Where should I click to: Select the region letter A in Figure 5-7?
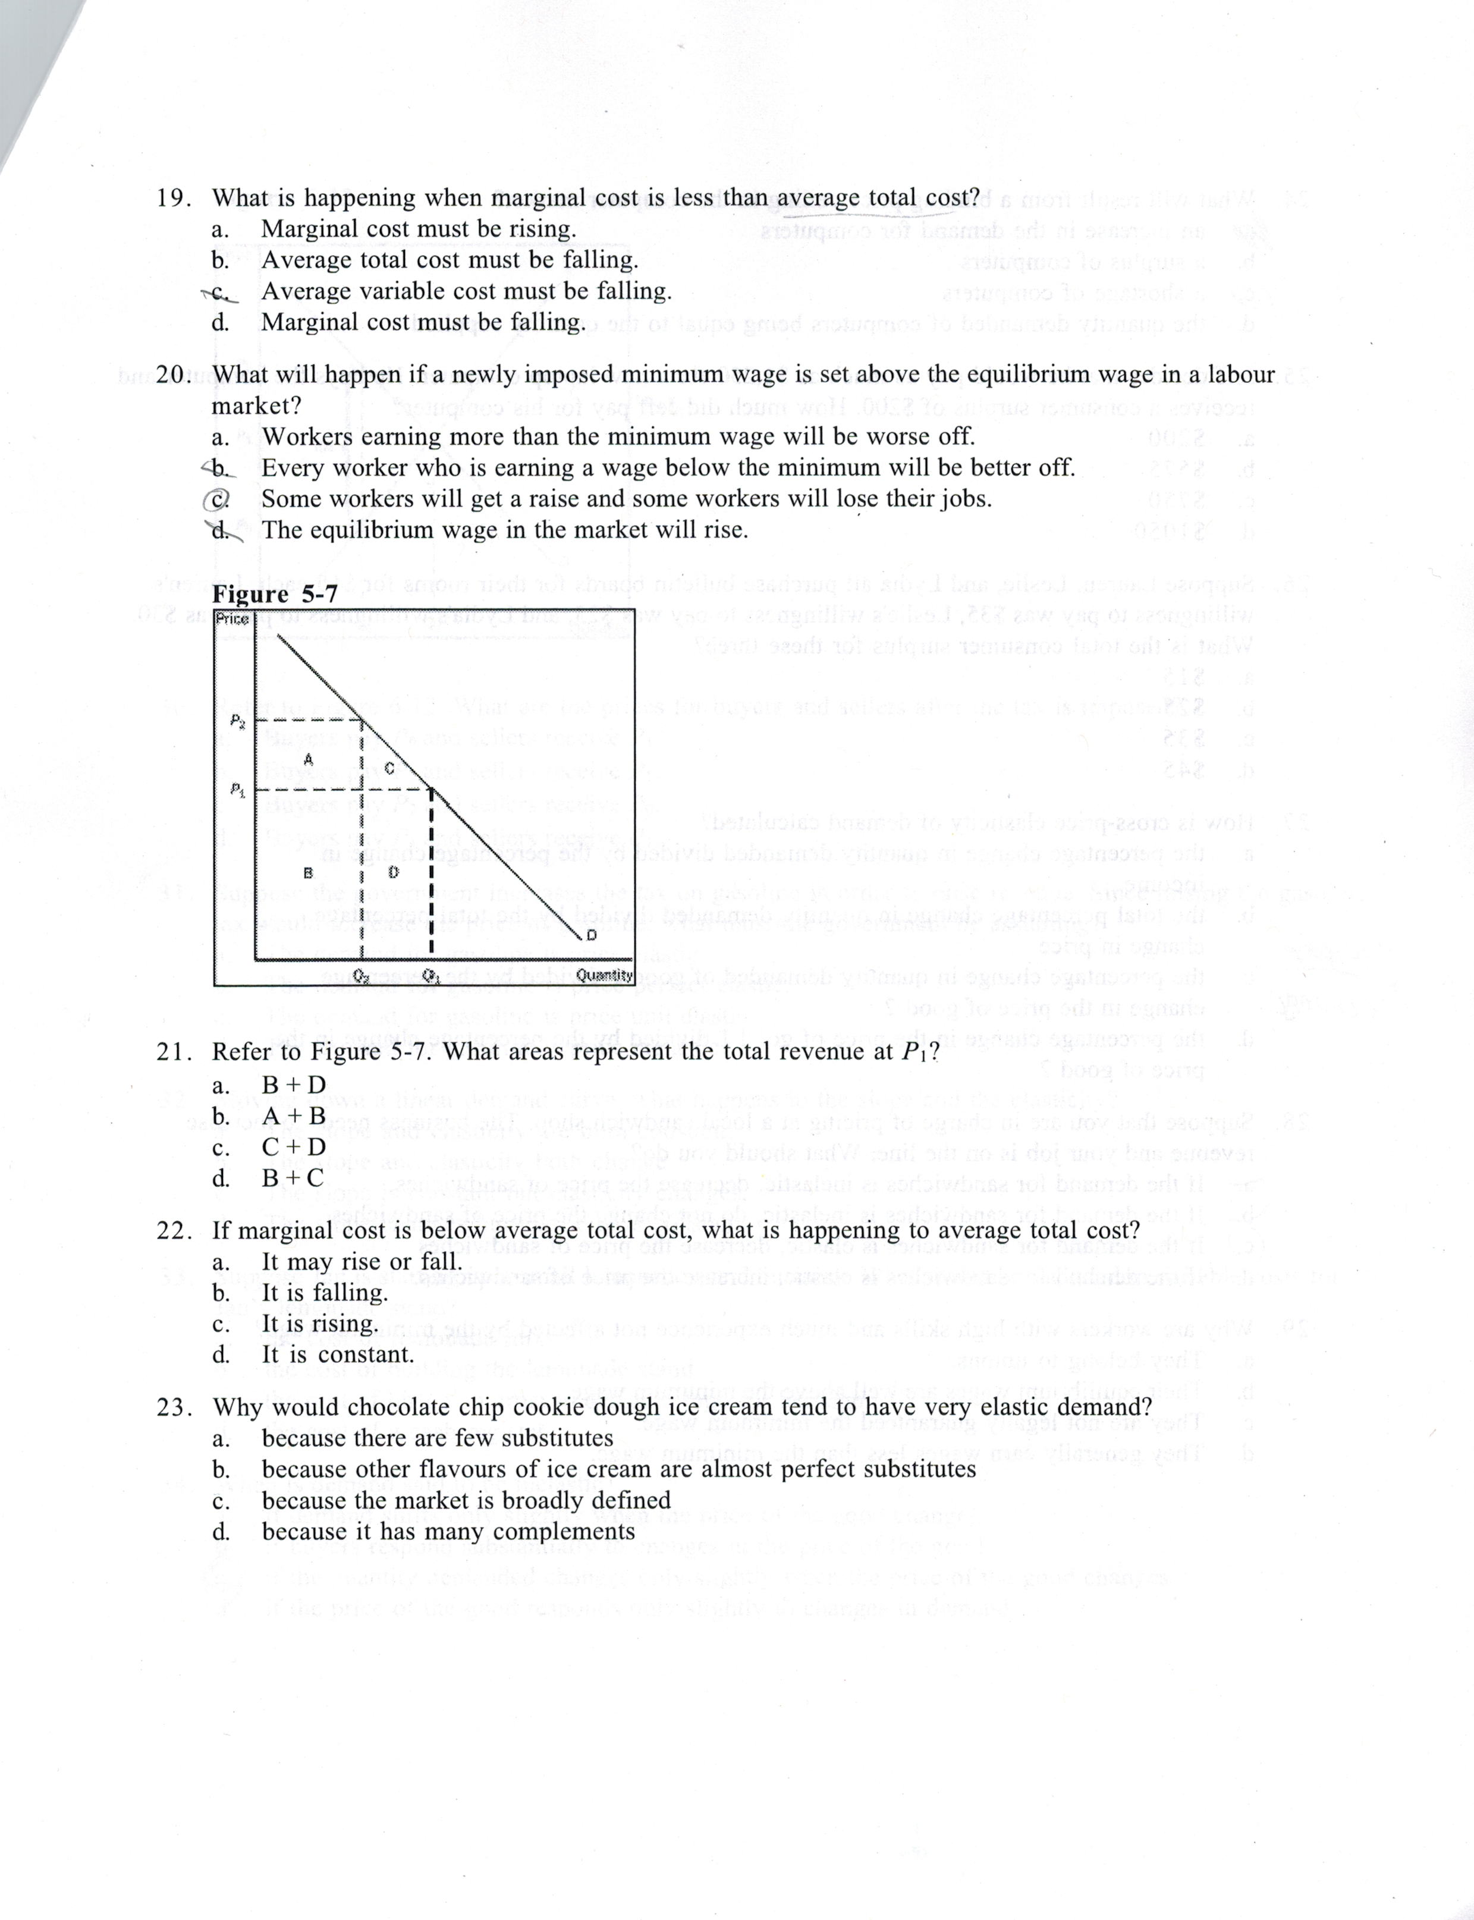tap(308, 758)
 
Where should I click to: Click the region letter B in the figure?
tap(308, 872)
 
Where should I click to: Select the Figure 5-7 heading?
tap(275, 594)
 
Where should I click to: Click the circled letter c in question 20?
tap(216, 498)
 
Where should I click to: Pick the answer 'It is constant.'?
tap(337, 1354)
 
